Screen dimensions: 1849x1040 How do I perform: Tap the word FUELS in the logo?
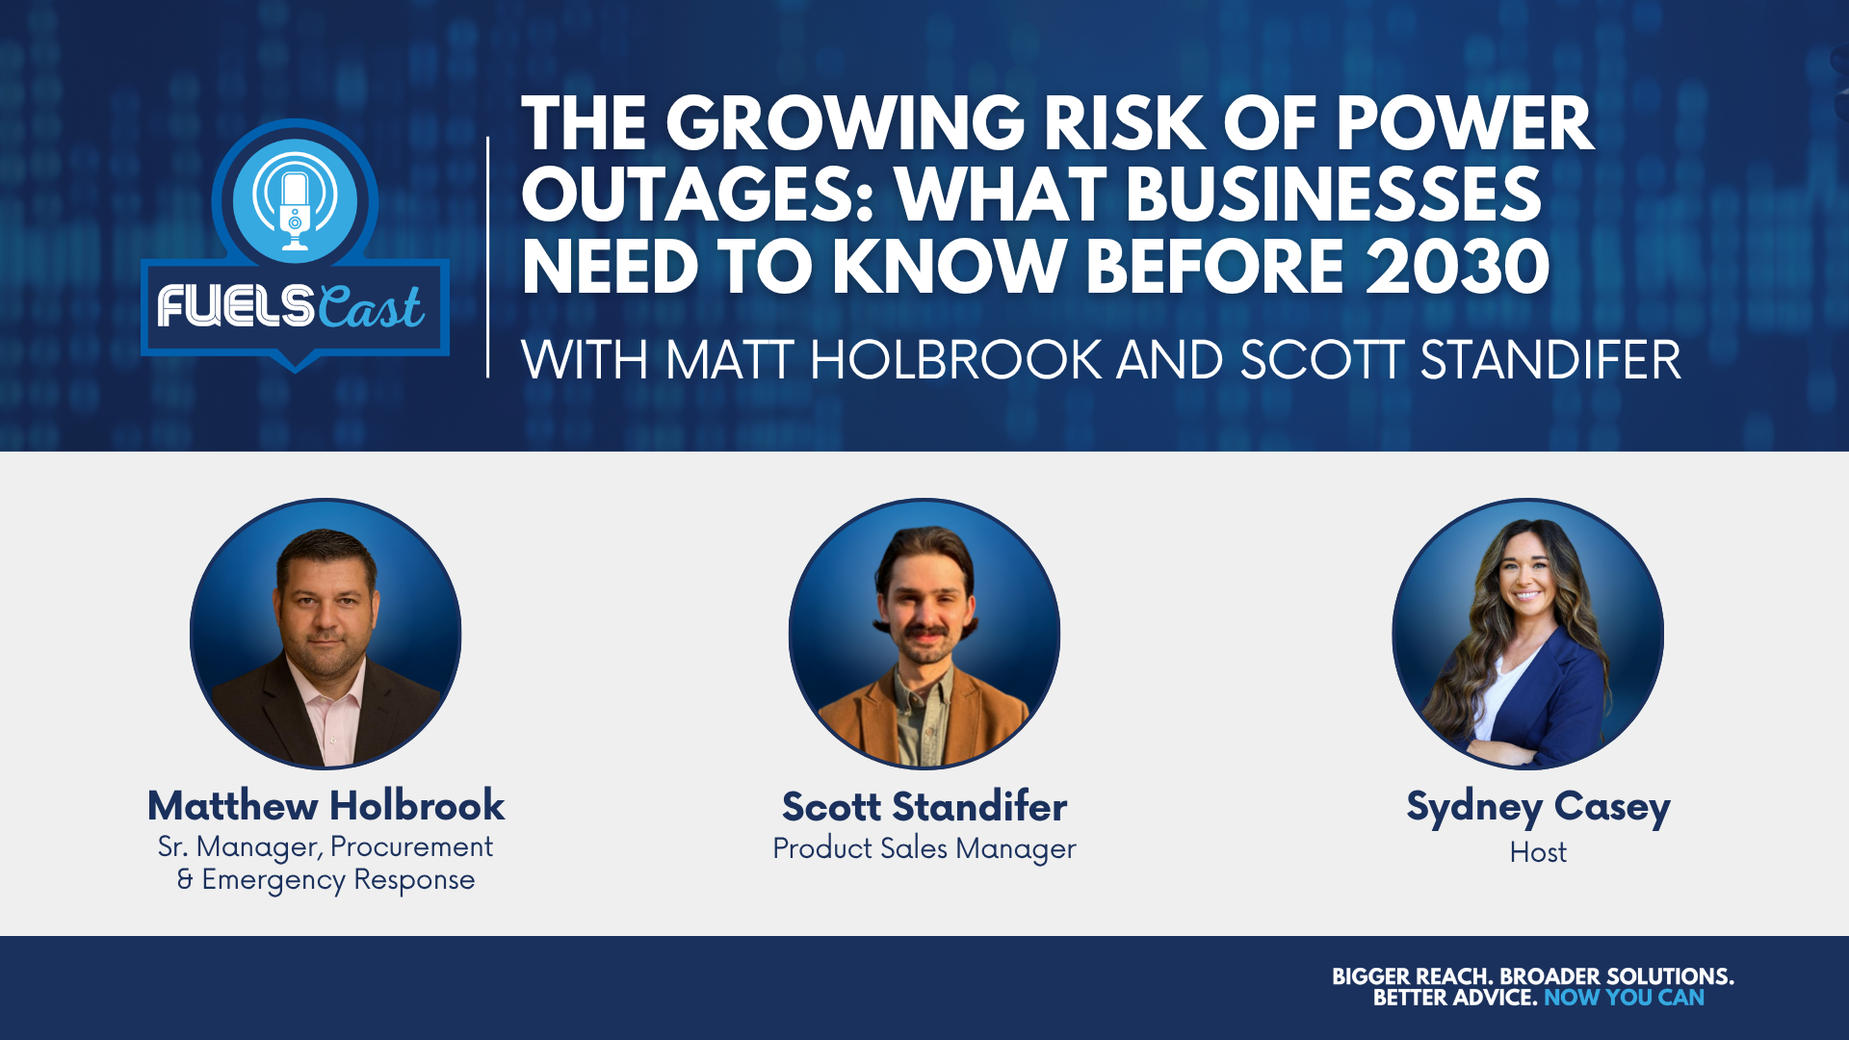[235, 307]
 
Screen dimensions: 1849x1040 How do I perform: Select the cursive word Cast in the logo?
[371, 306]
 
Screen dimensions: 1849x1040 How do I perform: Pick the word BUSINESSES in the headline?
[1334, 195]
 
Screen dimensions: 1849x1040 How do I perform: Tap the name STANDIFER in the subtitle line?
[1550, 360]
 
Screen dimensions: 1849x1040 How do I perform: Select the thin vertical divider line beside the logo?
[488, 257]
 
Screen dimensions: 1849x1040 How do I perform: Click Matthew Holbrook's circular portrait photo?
[326, 634]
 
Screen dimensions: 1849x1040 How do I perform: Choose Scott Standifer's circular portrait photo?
[924, 634]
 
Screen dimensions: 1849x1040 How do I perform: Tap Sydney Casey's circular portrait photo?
[1527, 634]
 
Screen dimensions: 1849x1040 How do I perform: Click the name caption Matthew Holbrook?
[326, 805]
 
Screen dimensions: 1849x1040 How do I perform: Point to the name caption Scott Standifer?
[924, 806]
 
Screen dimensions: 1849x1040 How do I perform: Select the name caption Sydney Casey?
[1538, 808]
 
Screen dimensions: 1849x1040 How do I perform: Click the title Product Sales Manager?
[924, 848]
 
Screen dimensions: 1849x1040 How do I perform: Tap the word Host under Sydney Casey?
[1538, 852]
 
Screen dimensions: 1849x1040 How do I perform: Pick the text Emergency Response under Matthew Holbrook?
[338, 880]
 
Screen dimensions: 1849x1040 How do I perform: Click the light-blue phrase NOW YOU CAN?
[1624, 998]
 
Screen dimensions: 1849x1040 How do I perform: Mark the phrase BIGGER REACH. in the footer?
[1413, 976]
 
